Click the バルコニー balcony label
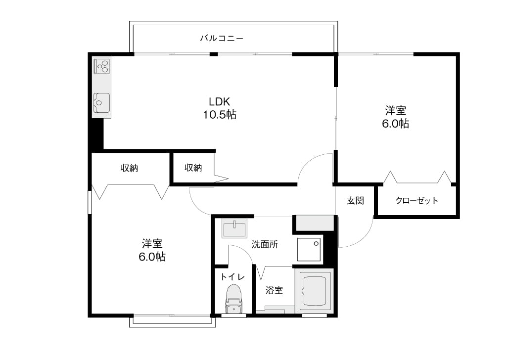click(222, 39)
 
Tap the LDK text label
click(220, 102)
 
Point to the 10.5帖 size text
click(220, 114)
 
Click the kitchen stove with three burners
click(102, 66)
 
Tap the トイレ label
click(232, 277)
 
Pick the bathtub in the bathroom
click(315, 290)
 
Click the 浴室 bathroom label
click(274, 290)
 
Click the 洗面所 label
click(265, 244)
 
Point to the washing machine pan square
click(309, 249)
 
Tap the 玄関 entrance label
click(355, 201)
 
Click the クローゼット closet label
click(417, 200)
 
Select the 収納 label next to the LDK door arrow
click(193, 168)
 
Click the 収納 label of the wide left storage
click(130, 168)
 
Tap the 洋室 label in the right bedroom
click(396, 111)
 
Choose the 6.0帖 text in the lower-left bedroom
click(152, 257)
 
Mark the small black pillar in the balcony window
click(213, 54)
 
